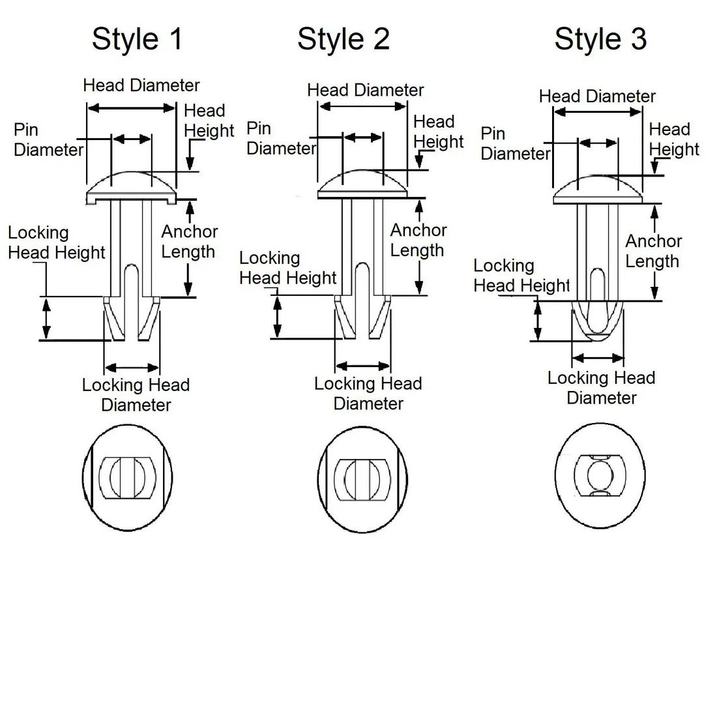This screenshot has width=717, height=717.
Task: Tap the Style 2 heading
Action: [x=344, y=38]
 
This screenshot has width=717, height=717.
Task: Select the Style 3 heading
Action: [x=600, y=38]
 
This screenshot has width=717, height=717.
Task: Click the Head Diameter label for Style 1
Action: [x=141, y=85]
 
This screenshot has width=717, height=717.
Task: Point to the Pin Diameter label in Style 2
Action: [x=280, y=138]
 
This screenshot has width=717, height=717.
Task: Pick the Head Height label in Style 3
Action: [x=673, y=139]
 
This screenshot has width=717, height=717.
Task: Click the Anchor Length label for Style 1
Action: [x=189, y=242]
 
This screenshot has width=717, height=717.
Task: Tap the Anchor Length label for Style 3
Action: [x=653, y=251]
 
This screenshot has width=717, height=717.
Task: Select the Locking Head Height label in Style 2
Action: [x=287, y=268]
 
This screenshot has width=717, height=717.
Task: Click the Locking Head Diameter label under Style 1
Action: [x=136, y=395]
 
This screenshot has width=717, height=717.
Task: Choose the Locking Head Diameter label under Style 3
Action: [x=601, y=388]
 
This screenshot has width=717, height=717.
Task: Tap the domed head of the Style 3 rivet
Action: [x=598, y=188]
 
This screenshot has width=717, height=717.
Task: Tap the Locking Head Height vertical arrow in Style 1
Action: [x=46, y=319]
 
